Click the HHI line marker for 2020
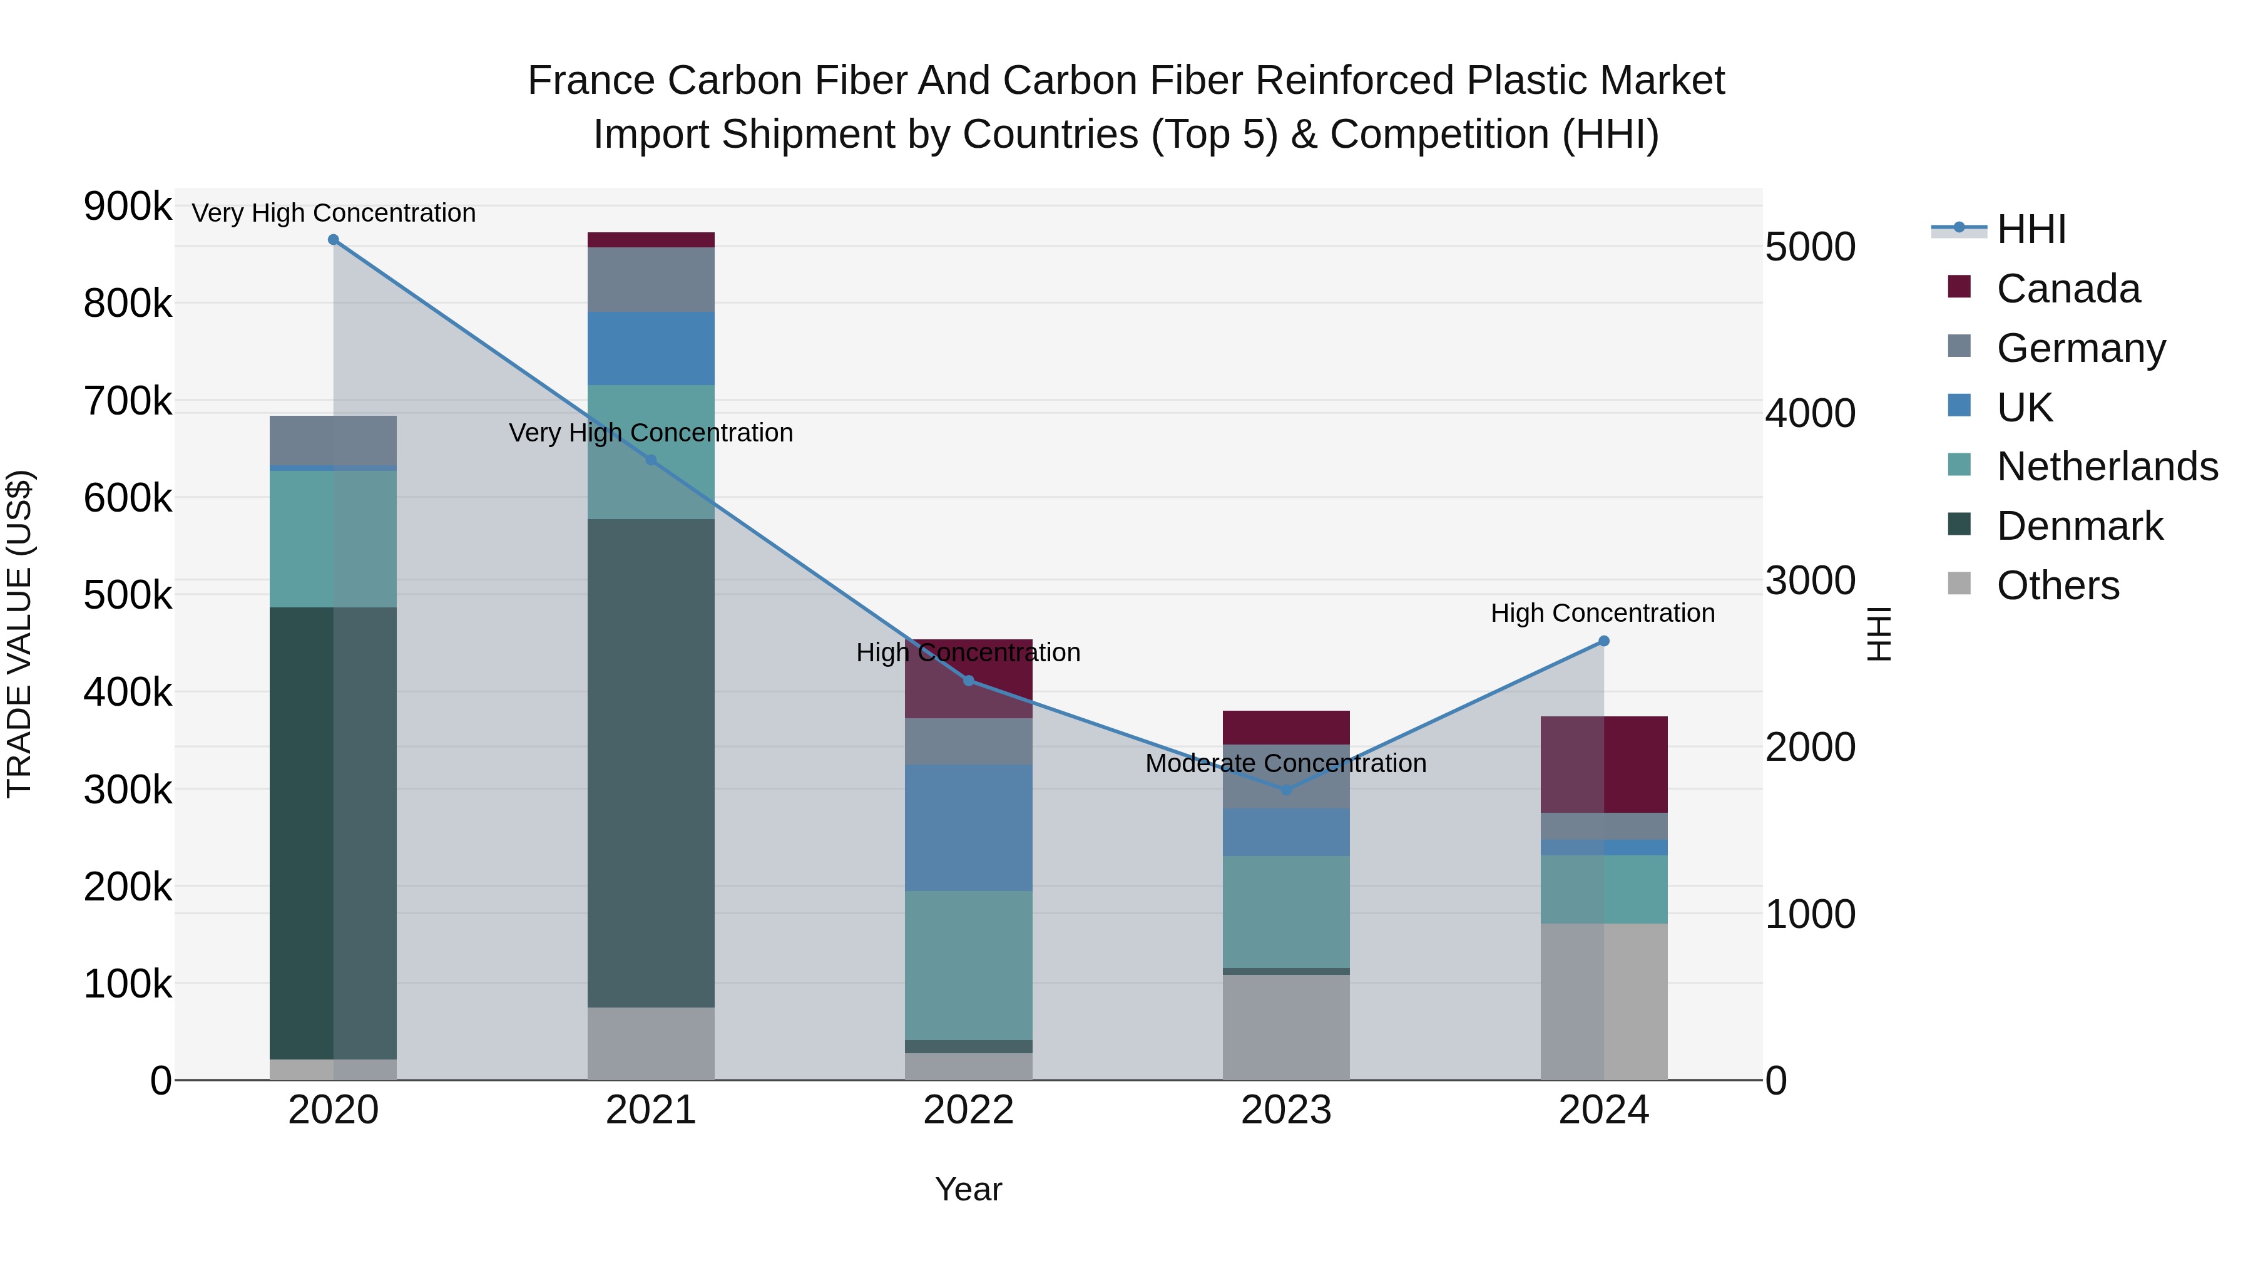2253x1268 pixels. [333, 240]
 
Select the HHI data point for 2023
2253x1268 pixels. [1285, 790]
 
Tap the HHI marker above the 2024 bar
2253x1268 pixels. [1603, 641]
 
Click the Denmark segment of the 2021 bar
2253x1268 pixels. [651, 761]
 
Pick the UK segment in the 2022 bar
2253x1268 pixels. [968, 827]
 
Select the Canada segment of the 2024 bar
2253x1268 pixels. [1603, 764]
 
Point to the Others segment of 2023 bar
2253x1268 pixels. [1285, 1026]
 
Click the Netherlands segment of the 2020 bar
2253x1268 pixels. [333, 538]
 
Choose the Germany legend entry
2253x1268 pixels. [2081, 348]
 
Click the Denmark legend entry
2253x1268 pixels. [2079, 526]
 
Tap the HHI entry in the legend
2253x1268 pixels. [2031, 229]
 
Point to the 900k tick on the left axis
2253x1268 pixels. [128, 207]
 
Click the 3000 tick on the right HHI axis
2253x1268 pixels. [1809, 580]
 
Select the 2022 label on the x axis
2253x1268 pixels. [968, 1110]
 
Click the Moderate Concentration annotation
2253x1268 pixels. [1285, 763]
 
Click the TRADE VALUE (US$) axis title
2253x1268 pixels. [19, 634]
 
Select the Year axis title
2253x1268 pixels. [968, 1189]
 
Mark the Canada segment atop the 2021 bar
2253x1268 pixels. [651, 240]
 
